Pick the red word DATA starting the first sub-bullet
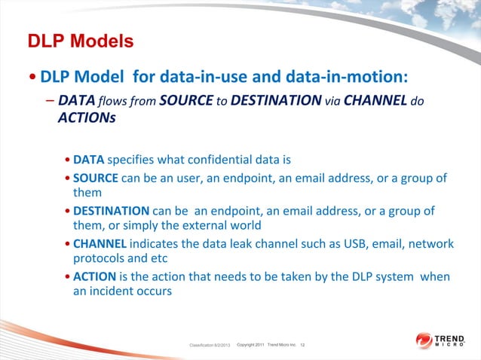click(x=89, y=160)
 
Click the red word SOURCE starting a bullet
click(x=95, y=178)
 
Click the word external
click(x=207, y=226)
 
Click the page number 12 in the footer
click(x=302, y=344)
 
